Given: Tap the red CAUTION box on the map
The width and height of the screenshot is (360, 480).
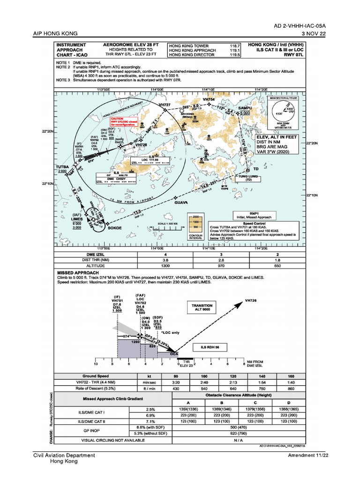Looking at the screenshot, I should pos(124,121).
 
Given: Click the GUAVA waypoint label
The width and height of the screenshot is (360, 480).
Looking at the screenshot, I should pos(181,202).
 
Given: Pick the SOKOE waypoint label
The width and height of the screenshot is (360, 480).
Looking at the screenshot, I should pos(115,228).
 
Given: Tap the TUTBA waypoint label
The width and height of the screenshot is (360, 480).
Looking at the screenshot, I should pos(62,166).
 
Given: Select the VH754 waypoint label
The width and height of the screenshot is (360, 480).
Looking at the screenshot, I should pos(209,100).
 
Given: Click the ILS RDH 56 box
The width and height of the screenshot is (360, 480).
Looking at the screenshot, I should pos(210,347).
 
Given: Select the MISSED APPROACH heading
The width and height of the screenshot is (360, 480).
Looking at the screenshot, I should pos(78,272).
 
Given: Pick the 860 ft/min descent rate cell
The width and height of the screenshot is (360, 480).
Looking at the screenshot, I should pos(291,389).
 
